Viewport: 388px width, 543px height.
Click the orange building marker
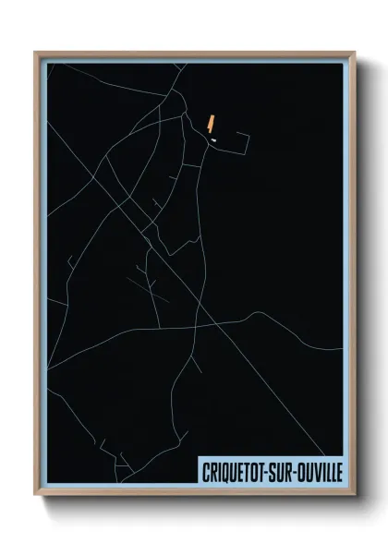click(212, 122)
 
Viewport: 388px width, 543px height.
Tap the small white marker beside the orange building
click(213, 140)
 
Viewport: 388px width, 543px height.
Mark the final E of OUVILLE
click(337, 471)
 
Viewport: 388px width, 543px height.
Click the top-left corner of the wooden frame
click(36, 53)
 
